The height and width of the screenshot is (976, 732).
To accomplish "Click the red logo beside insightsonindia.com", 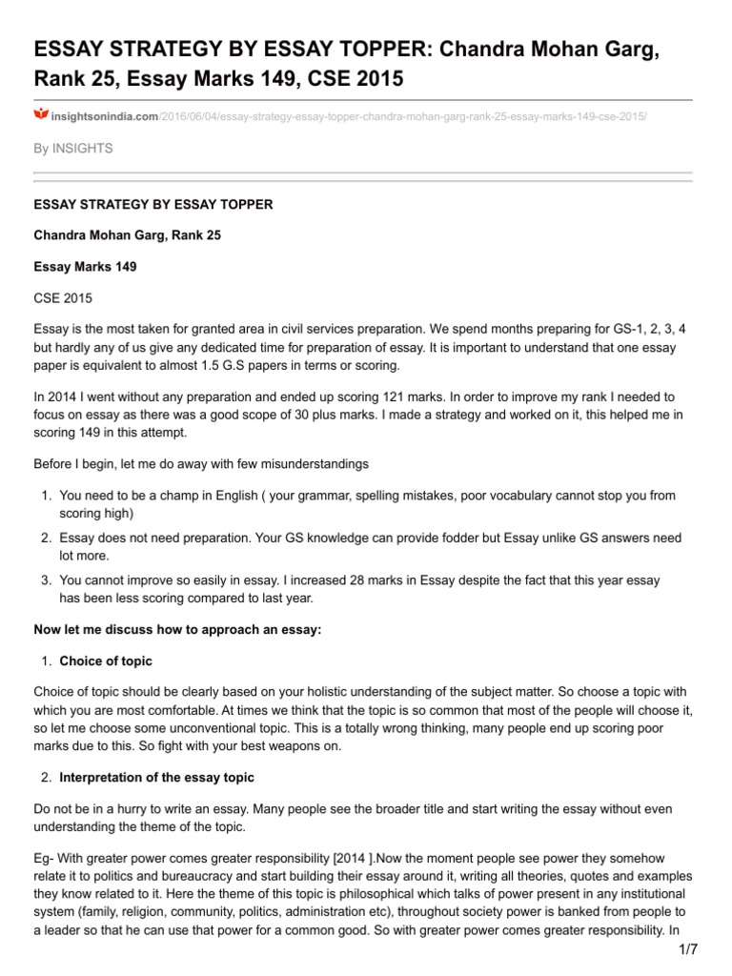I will (x=40, y=114).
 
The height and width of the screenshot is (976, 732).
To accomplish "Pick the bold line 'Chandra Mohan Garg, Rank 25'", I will (x=127, y=234).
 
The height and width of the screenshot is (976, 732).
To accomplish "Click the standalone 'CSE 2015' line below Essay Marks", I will (x=63, y=299).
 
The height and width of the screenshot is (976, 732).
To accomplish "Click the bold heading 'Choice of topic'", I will (x=105, y=661).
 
